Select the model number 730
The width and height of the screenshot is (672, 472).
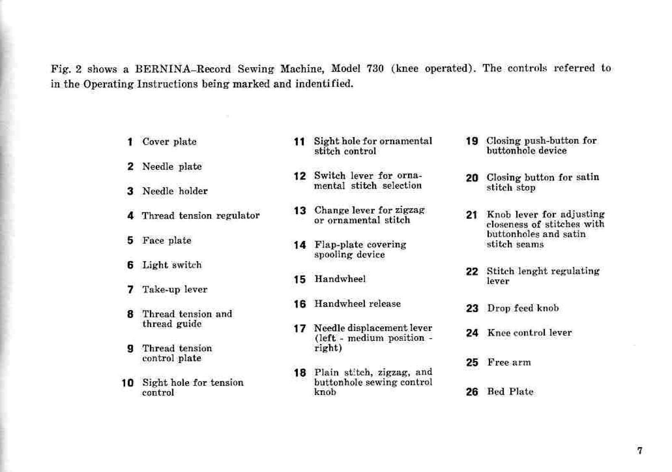tap(375, 69)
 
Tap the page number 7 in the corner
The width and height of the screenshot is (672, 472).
tap(640, 451)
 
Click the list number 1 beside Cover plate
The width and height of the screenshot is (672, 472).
tap(130, 142)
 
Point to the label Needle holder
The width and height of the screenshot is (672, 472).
tap(175, 191)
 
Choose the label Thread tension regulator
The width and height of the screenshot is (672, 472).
tap(200, 216)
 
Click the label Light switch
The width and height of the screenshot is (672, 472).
tap(172, 265)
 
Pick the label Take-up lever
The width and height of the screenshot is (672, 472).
tap(175, 289)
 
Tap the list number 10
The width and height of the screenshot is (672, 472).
tap(127, 383)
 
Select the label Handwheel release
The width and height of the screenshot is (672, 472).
tap(357, 304)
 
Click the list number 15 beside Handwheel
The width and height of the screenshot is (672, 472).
tap(300, 279)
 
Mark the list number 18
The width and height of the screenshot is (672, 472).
tap(300, 373)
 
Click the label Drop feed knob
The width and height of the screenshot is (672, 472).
tap(523, 308)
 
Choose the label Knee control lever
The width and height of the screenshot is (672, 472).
tap(529, 333)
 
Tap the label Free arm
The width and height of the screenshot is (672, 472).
tap(509, 363)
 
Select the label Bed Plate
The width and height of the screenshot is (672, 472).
tap(510, 392)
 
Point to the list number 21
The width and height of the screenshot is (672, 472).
tap(472, 215)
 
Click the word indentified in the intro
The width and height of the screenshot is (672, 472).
tap(324, 84)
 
